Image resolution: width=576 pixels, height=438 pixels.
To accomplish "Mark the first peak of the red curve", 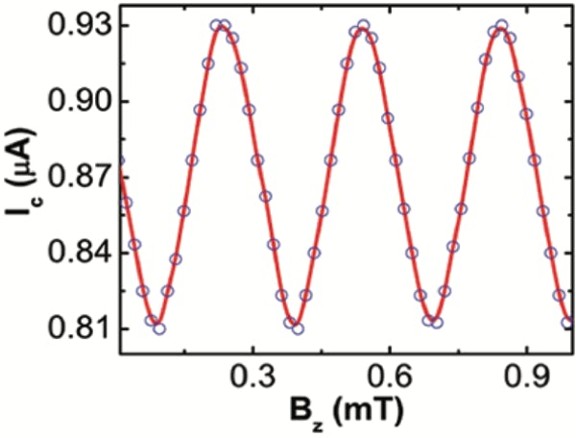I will (x=221, y=27).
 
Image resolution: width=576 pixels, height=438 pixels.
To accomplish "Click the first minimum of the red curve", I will (x=156, y=326).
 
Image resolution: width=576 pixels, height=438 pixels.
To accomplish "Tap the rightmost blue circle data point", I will (x=568, y=322).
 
